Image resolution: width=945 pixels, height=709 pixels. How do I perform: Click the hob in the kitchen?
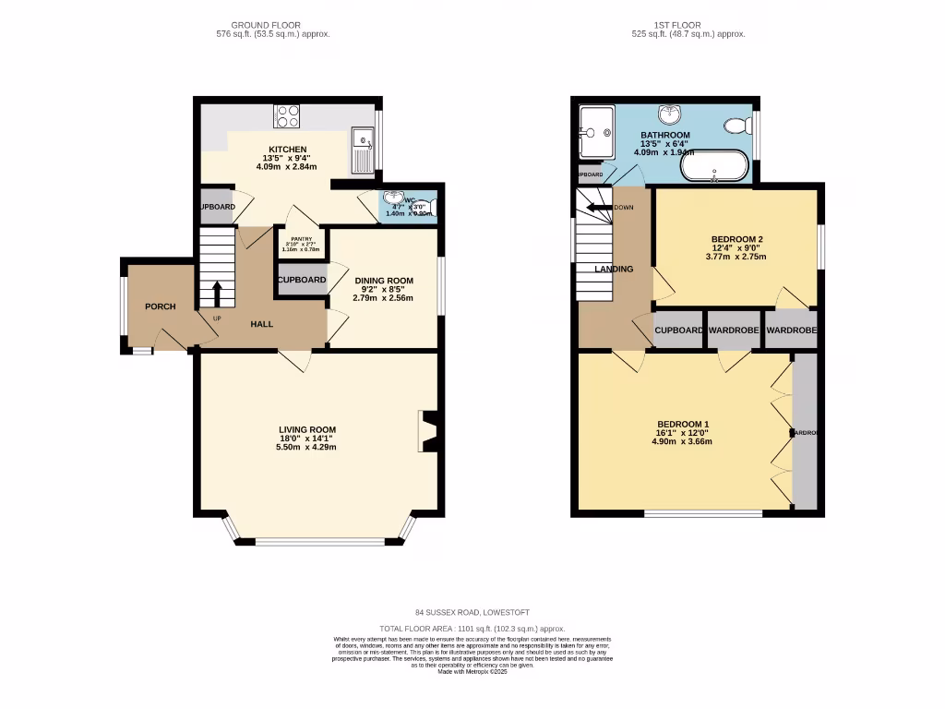click(x=287, y=117)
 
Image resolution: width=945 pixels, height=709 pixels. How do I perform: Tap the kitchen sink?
click(x=364, y=149)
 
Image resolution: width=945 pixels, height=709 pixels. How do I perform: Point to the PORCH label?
click(x=160, y=306)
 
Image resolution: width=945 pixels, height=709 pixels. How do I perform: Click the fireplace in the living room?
click(x=426, y=431)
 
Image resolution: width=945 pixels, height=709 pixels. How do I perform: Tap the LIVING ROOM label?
click(x=307, y=430)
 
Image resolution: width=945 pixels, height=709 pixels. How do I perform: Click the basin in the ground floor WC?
click(x=395, y=200)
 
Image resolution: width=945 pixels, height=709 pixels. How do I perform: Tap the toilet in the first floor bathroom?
click(x=737, y=126)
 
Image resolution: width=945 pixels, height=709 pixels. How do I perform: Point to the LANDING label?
click(x=614, y=270)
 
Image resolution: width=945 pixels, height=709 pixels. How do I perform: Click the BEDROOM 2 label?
click(x=736, y=240)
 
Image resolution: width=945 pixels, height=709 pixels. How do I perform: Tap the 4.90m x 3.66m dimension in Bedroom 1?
click(x=681, y=442)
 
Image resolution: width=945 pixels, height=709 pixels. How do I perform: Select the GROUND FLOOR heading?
click(x=266, y=25)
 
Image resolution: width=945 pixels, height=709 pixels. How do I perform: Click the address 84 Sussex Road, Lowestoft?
click(x=472, y=612)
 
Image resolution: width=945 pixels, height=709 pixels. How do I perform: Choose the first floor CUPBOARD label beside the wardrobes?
click(x=679, y=330)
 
